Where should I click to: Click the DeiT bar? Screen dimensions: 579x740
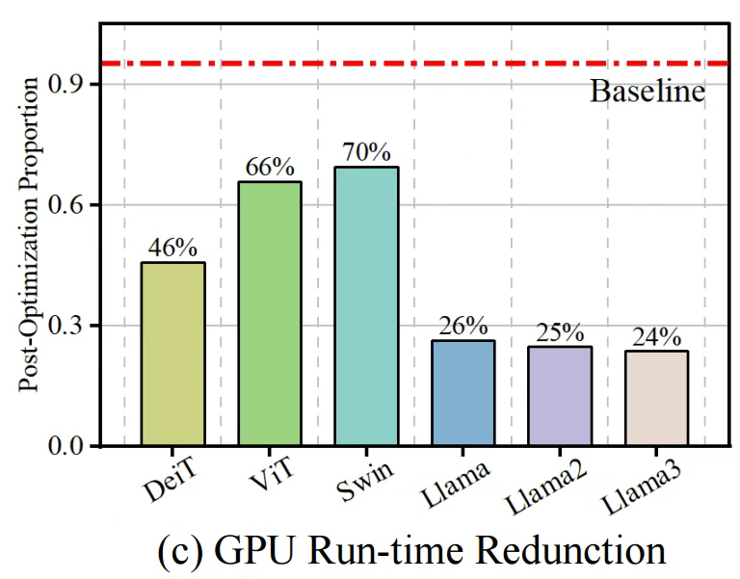point(172,354)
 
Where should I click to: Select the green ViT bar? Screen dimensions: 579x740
point(269,313)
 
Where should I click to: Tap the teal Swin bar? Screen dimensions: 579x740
point(366,306)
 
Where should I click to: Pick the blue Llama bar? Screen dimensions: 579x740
point(462,393)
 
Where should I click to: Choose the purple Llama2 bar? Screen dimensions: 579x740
point(560,396)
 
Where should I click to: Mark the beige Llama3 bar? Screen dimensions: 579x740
point(656,398)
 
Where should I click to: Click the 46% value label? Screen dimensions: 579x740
point(172,247)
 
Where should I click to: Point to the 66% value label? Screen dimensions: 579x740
point(269,167)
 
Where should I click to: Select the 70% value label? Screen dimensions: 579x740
point(366,152)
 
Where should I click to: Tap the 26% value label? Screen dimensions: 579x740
point(462,326)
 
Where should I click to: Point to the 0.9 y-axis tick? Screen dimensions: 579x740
point(73,85)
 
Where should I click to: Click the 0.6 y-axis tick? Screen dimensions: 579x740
point(73,205)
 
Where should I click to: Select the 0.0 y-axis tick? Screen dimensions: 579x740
point(73,446)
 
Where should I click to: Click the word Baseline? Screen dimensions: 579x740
point(647,93)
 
